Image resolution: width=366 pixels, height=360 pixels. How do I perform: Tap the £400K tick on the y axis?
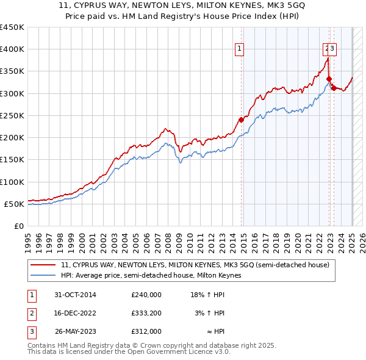(x=12, y=49)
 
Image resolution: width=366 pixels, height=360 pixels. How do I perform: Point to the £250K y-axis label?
(x=12, y=115)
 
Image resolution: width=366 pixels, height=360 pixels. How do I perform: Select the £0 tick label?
(x=18, y=226)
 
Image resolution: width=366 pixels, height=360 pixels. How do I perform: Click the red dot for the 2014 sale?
(x=241, y=120)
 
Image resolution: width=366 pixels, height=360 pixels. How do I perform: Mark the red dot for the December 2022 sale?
(x=329, y=79)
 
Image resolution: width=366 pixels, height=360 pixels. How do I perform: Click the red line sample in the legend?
(x=44, y=265)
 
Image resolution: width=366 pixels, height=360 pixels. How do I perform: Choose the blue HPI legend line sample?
(x=44, y=275)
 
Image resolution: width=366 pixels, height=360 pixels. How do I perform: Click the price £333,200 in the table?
(x=146, y=313)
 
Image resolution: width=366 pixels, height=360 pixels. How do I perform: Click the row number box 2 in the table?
(x=32, y=313)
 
